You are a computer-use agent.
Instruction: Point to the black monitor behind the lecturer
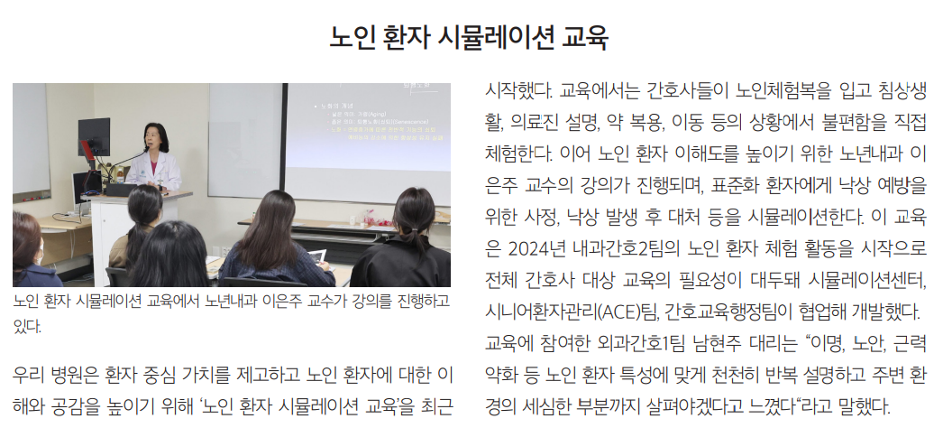(x=94, y=136)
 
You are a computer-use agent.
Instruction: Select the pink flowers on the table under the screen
(x=369, y=218)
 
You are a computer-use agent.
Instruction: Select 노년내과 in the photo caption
(x=230, y=301)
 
